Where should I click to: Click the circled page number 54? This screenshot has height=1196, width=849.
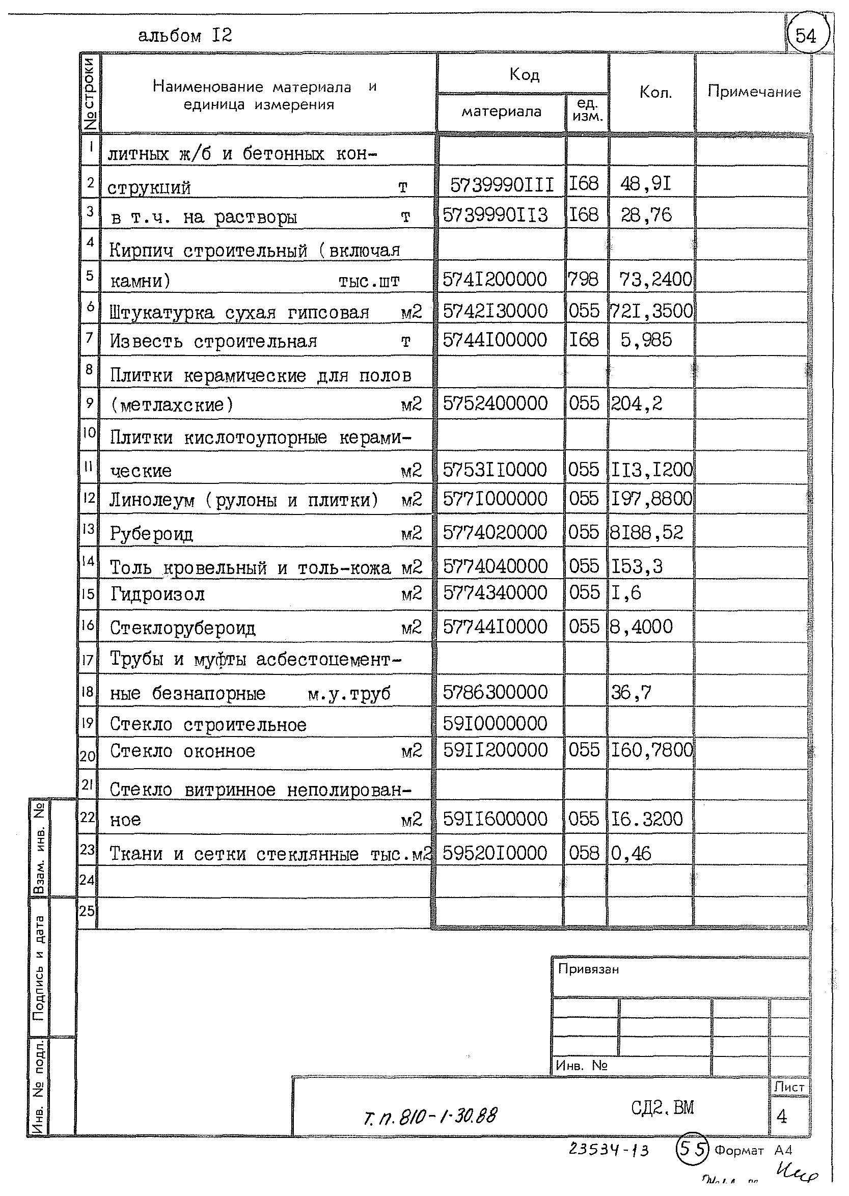click(x=806, y=36)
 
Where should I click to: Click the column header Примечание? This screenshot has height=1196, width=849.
click(x=753, y=92)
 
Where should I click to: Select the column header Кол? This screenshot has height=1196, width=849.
click(x=654, y=93)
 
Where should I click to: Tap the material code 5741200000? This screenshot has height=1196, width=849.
click(x=495, y=280)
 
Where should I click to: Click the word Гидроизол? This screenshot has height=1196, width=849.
click(x=157, y=594)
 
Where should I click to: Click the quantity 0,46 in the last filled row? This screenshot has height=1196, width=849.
click(x=631, y=854)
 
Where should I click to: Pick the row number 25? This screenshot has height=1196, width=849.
click(x=87, y=911)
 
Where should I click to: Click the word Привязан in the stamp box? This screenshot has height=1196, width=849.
click(x=588, y=969)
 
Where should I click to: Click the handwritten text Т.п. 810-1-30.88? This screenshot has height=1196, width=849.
click(x=430, y=1116)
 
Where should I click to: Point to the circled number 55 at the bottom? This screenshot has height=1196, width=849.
click(x=692, y=1150)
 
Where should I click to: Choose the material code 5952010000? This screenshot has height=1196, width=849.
click(x=495, y=854)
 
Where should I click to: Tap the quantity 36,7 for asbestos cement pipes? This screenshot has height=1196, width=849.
click(x=631, y=693)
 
